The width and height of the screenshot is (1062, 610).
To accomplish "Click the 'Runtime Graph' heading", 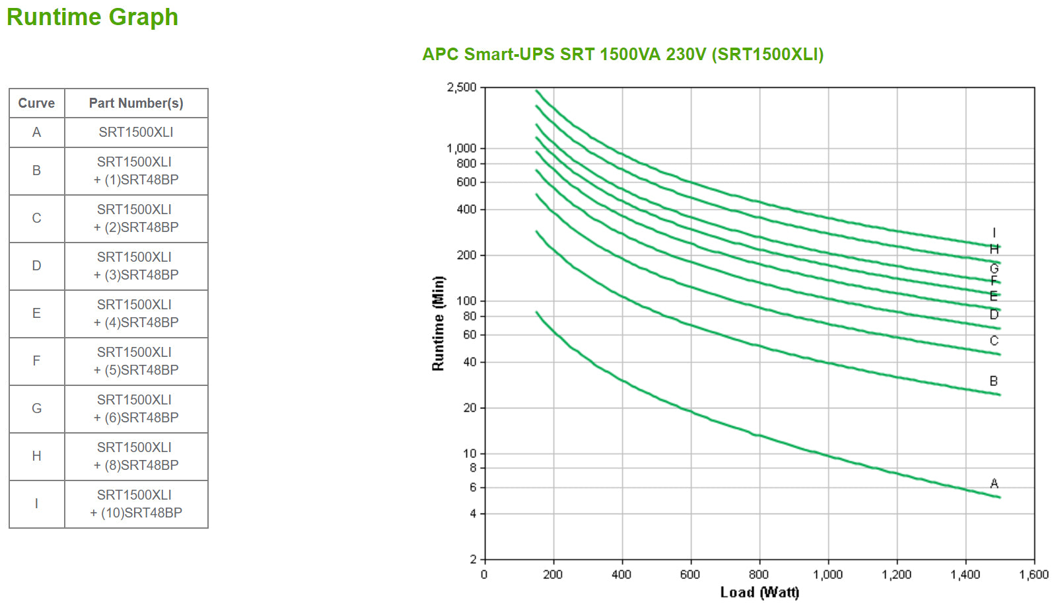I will [92, 17].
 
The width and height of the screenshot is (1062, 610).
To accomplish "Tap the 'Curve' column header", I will [36, 103].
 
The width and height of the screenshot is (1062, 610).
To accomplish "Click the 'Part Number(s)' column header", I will [136, 103].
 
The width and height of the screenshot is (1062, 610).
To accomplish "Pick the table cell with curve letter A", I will [36, 132].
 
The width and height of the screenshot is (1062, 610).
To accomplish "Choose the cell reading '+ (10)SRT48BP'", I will [136, 504].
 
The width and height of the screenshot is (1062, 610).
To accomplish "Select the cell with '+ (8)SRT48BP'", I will [136, 457].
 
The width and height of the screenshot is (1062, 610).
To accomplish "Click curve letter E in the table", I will [36, 313].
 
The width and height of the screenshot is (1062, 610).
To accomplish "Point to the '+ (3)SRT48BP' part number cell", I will [136, 266].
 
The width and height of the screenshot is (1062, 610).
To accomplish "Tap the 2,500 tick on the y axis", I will [462, 87].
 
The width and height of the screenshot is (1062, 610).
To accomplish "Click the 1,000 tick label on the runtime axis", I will [462, 148].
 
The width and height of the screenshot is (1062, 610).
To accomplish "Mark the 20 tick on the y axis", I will [470, 408].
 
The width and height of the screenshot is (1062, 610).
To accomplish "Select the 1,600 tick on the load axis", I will [1034, 575].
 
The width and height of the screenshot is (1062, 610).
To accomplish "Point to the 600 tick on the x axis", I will [690, 575].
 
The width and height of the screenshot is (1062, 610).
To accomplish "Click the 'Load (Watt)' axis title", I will [760, 592].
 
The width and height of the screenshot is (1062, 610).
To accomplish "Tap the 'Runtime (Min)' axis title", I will [438, 323].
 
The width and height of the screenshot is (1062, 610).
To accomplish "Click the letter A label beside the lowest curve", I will [994, 484].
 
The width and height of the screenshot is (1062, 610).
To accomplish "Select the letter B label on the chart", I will [993, 381].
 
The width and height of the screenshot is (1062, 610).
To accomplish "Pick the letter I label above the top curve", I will [994, 233].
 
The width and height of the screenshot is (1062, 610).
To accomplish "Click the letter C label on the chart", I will [994, 341].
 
